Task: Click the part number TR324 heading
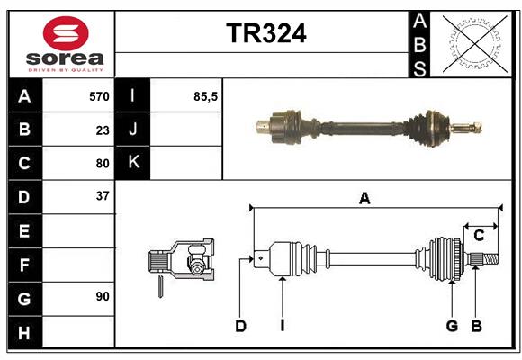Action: pyautogui.click(x=265, y=33)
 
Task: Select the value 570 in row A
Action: pyautogui.click(x=99, y=96)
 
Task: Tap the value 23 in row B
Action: pyautogui.click(x=103, y=130)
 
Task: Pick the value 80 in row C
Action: pyautogui.click(x=103, y=164)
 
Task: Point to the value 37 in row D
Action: pyautogui.click(x=103, y=196)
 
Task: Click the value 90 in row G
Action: pyautogui.click(x=103, y=296)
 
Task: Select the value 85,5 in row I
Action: pyautogui.click(x=205, y=96)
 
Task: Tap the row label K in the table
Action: pyautogui.click(x=133, y=163)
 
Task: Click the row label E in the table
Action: pyautogui.click(x=24, y=231)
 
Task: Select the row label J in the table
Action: pyautogui.click(x=133, y=130)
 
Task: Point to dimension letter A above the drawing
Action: pyautogui.click(x=364, y=199)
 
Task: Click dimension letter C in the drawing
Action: pyautogui.click(x=479, y=236)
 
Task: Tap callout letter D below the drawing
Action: pyautogui.click(x=240, y=326)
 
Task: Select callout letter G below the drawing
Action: pyautogui.click(x=452, y=326)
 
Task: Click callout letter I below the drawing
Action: pyautogui.click(x=282, y=326)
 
